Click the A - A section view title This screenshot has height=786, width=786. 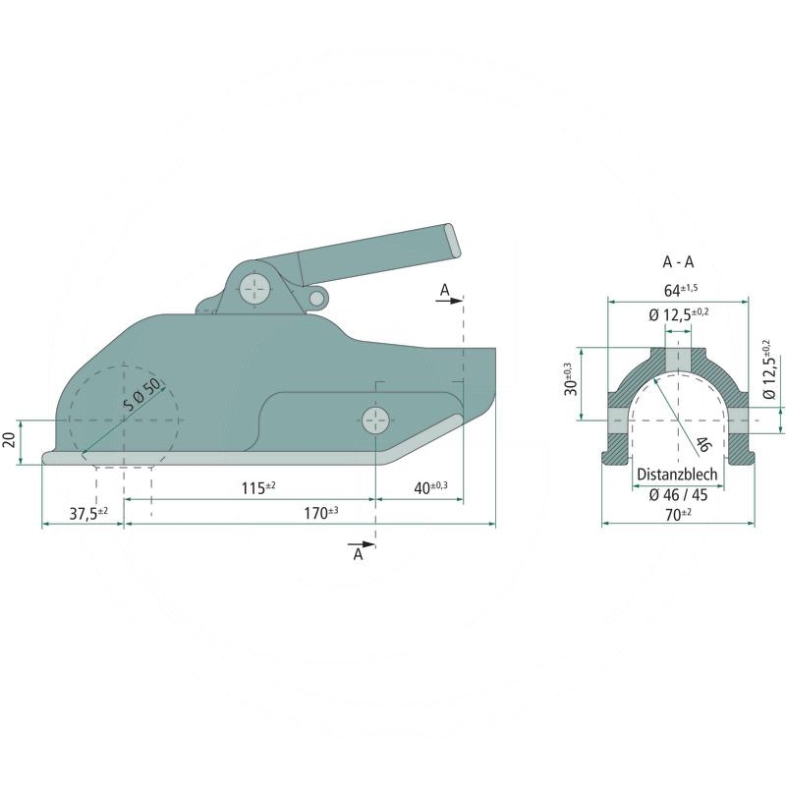click(678, 262)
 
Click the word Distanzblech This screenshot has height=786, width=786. click(678, 474)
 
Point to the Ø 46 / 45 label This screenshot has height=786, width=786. click(678, 494)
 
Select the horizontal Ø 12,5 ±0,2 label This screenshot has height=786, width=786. click(678, 314)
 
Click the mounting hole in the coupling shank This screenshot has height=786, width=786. click(375, 421)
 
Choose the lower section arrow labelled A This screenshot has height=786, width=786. click(360, 548)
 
